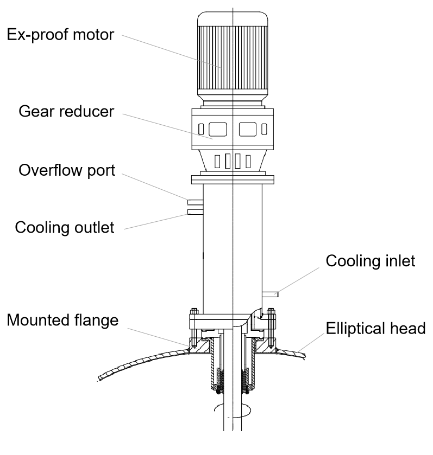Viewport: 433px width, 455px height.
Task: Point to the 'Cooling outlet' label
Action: click(x=65, y=227)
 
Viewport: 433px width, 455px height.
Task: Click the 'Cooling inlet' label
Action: click(x=371, y=262)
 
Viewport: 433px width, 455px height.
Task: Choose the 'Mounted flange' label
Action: click(x=62, y=320)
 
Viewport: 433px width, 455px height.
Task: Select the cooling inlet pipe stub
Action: click(x=271, y=294)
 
